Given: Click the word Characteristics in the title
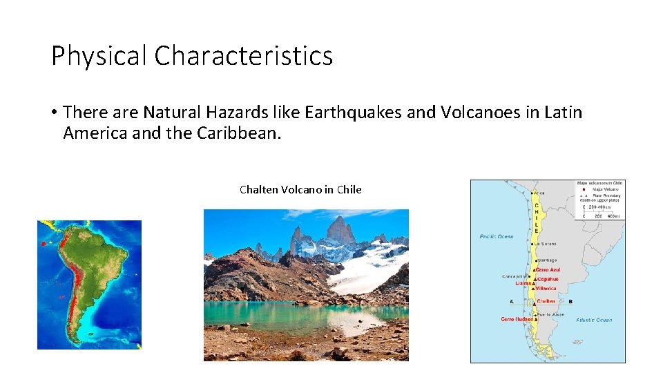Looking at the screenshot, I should point(243,56).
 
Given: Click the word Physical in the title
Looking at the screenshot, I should point(99,56).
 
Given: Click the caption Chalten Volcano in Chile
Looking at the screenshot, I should point(300,189).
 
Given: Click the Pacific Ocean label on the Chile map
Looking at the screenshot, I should point(497,237).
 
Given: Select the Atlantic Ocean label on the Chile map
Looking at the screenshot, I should point(595,320).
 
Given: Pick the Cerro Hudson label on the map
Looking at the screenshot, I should point(517,319).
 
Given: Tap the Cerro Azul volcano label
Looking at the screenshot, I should point(548,270).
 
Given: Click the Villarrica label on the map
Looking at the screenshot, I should point(546,289).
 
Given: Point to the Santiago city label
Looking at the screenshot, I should point(548,260).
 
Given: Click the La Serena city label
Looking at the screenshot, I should point(546,244).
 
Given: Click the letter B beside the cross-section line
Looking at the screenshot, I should point(570,301).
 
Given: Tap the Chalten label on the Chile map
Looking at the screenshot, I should point(546,301).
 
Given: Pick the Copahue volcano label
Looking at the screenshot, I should point(548,279).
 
